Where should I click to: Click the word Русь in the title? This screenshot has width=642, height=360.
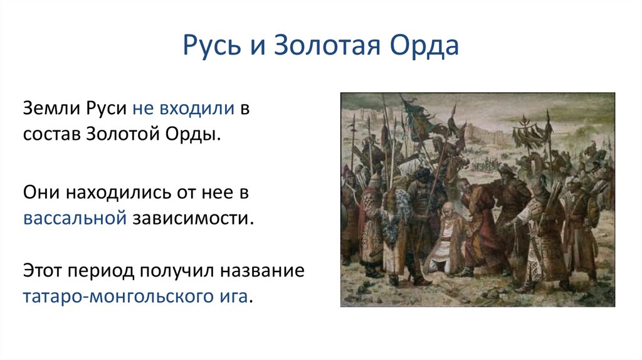[212, 45]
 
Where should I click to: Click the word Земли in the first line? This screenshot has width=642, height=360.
[51, 109]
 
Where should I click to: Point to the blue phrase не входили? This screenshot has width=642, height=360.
[184, 109]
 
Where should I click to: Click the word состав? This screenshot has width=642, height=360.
[51, 134]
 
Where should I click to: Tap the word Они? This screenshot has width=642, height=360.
[41, 192]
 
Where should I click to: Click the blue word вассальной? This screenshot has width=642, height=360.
[75, 218]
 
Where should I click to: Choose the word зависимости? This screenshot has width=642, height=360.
[193, 218]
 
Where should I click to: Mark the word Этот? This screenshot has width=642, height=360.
[42, 271]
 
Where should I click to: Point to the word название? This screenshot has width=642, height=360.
[262, 271]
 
